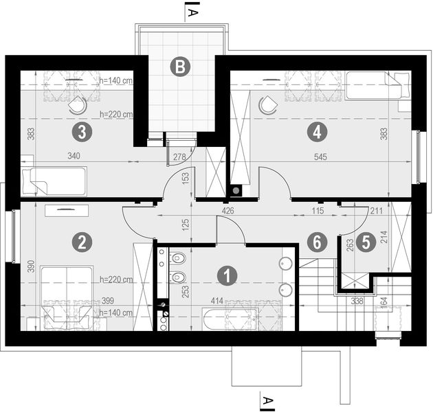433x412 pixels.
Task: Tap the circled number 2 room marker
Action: (82, 241)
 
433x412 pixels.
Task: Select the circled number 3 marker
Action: (82, 129)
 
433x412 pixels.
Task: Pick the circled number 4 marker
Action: (317, 129)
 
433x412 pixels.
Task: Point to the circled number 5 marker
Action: (364, 241)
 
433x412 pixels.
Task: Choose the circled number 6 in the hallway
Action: (317, 241)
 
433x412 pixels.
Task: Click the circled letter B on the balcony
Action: (179, 67)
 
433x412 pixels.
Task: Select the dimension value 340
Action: (74, 157)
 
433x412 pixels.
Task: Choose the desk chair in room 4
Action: (267, 105)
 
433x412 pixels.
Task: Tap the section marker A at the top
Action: (193, 12)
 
